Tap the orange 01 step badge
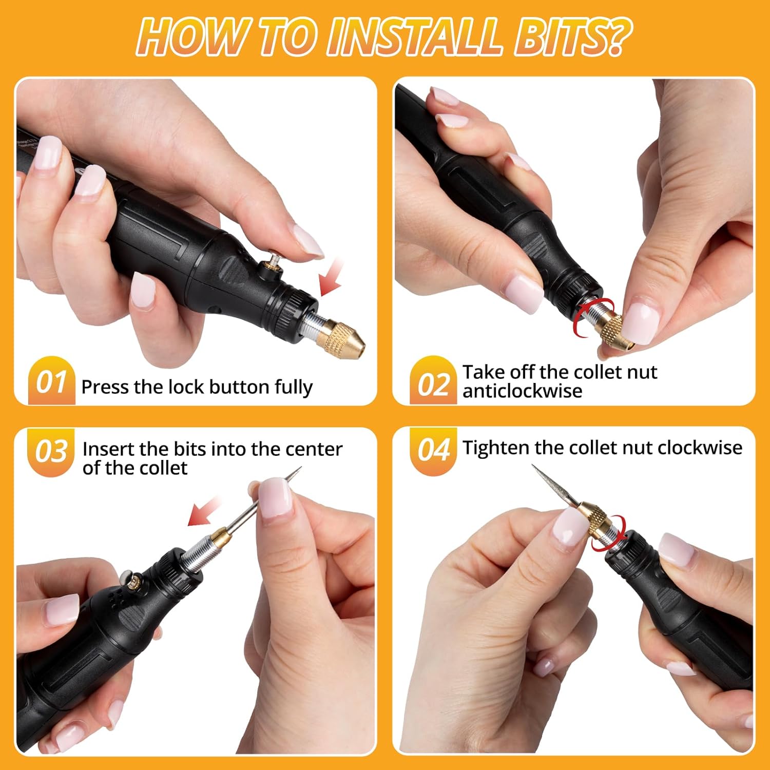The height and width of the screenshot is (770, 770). [51, 381]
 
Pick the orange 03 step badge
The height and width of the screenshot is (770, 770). [51, 452]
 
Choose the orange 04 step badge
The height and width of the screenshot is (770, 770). [433, 450]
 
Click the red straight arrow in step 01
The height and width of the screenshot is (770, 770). [331, 277]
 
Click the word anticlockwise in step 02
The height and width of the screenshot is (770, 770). [522, 392]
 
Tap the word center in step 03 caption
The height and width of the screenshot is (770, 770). [314, 449]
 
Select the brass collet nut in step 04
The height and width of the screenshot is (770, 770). [595, 518]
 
